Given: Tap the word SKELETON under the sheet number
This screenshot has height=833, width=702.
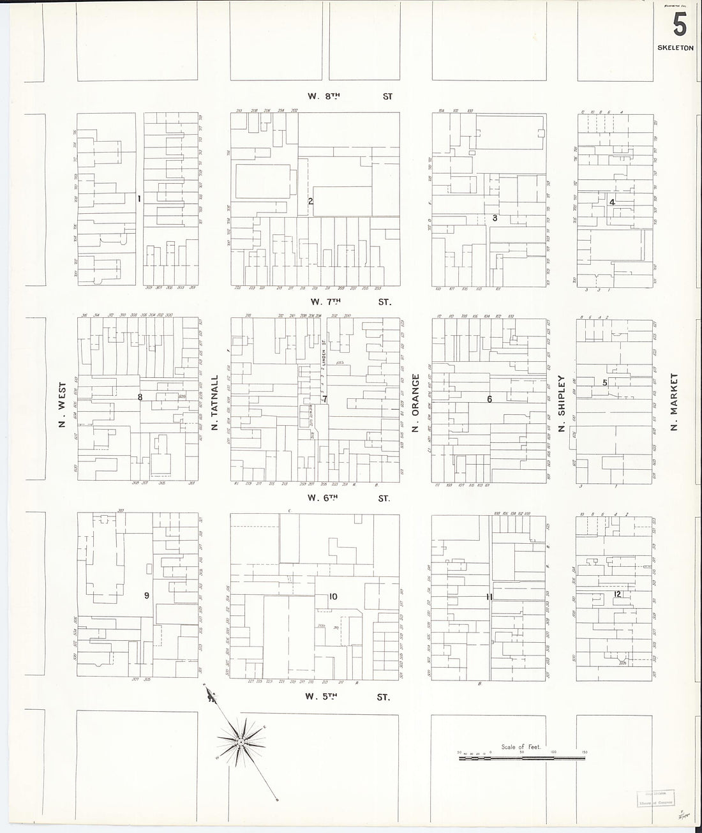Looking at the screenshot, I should (x=675, y=48).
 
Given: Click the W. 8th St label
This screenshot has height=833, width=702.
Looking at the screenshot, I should (x=350, y=97).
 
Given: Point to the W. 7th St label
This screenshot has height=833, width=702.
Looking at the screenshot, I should (x=348, y=301).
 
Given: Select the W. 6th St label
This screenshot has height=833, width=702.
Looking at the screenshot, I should (x=348, y=498).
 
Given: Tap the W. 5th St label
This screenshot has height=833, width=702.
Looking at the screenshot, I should (x=347, y=697).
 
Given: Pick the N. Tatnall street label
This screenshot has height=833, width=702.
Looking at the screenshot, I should (x=215, y=407).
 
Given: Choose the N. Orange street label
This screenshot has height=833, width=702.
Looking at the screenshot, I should (x=415, y=403).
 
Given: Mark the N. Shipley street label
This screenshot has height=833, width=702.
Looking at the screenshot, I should (x=562, y=403).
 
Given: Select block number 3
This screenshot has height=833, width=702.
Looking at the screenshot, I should (x=495, y=218).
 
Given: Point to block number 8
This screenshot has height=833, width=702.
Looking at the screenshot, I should (x=140, y=397).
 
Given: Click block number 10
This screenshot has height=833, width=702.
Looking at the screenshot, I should (x=332, y=597).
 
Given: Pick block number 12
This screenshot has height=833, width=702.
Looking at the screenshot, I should (x=617, y=594).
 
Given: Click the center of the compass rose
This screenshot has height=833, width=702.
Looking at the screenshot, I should (x=241, y=741).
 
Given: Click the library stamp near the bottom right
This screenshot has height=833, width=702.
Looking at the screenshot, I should (x=657, y=799).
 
